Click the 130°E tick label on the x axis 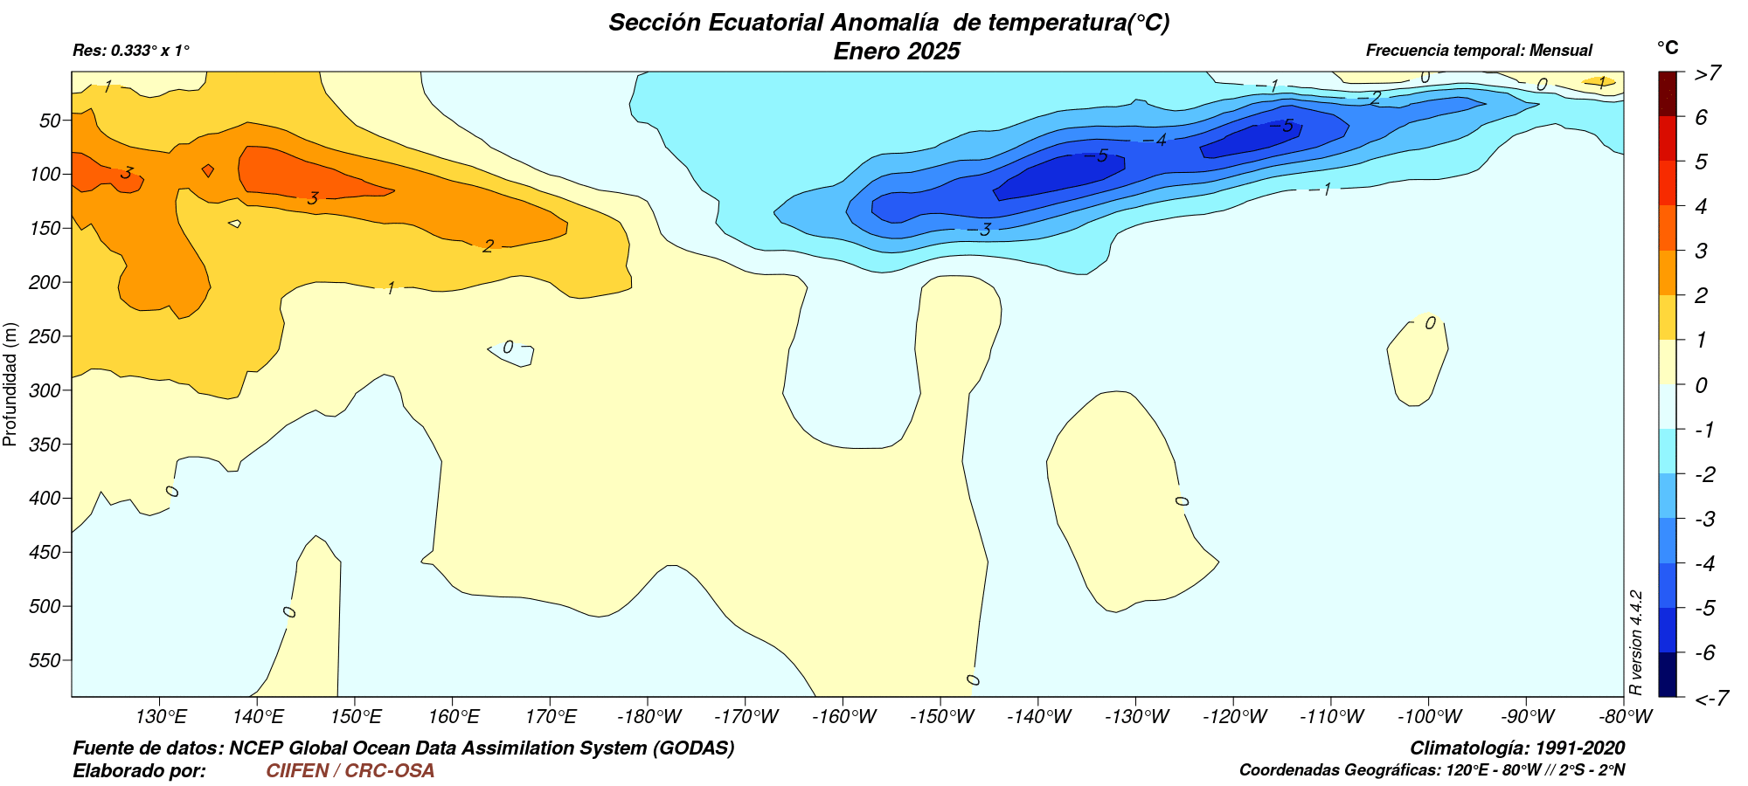pos(162,717)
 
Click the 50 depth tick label pos(51,121)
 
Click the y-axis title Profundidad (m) pos(10,384)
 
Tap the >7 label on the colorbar pos(1708,72)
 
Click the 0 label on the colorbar pos(1701,385)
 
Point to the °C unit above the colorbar pos(1668,47)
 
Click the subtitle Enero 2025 pos(897,51)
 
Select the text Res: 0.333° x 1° pos(131,51)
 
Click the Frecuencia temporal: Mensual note pos(1479,51)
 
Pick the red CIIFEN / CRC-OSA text pos(350,770)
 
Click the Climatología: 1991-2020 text pos(1517,748)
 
